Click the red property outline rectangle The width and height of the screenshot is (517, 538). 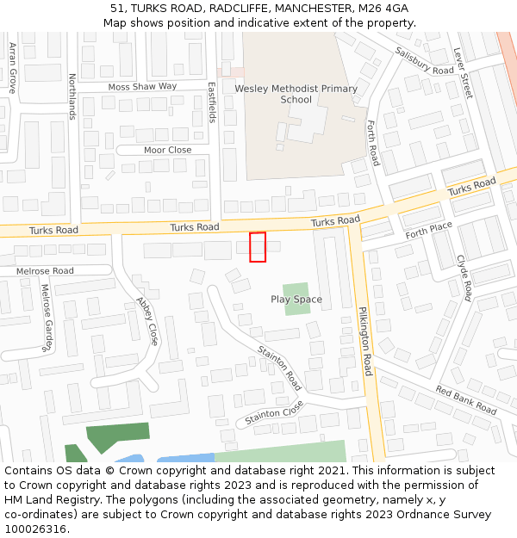click(x=258, y=247)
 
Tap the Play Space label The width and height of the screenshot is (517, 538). click(x=296, y=300)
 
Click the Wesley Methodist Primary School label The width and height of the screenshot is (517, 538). click(x=296, y=94)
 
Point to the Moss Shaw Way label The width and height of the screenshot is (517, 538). click(x=142, y=87)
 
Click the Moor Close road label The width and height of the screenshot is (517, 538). click(x=167, y=150)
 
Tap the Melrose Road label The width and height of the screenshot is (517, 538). click(x=45, y=271)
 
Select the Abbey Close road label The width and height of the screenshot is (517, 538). click(x=147, y=321)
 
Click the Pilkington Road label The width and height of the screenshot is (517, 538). click(x=364, y=341)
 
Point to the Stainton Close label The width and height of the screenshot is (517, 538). click(x=274, y=412)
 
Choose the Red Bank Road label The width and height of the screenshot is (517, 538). click(x=465, y=400)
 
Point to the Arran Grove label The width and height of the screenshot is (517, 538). click(x=13, y=68)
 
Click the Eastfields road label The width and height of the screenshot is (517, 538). click(x=212, y=102)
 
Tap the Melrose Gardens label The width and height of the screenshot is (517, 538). click(x=47, y=318)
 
